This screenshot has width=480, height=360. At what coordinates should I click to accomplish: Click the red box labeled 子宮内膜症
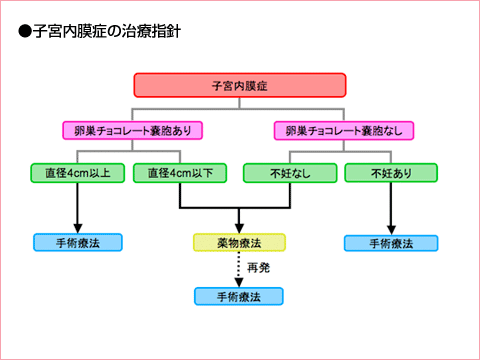[x=239, y=86]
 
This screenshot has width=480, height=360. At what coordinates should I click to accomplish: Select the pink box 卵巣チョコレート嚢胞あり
[x=132, y=130]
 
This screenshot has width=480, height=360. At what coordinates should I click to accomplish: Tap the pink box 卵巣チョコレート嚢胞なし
[x=332, y=130]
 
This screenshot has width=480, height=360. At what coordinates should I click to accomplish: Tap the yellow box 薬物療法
[x=239, y=242]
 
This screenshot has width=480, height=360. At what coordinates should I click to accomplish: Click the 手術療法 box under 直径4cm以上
[x=77, y=242]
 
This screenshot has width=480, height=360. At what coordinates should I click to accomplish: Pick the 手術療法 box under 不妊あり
[x=389, y=242]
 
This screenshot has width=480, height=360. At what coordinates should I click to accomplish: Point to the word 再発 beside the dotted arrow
[x=259, y=269]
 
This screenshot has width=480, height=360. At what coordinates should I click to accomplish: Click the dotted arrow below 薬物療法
[x=239, y=267]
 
